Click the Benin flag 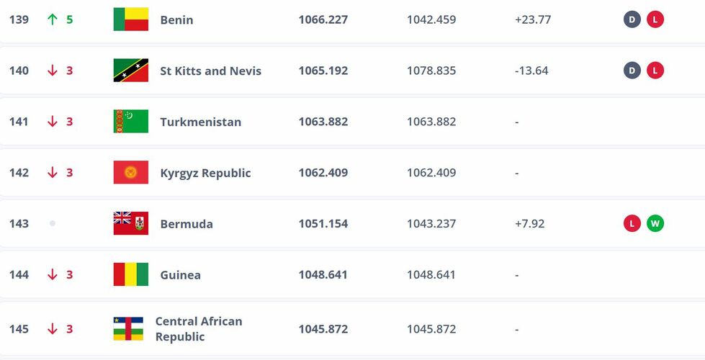pyautogui.click(x=130, y=19)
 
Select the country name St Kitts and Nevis pyautogui.click(x=210, y=71)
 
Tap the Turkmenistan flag pyautogui.click(x=130, y=122)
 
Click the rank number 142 pyautogui.click(x=19, y=173)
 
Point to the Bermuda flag pyautogui.click(x=130, y=223)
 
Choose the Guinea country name pyautogui.click(x=180, y=275)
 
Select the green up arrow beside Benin pyautogui.click(x=52, y=19)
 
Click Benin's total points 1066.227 pyautogui.click(x=323, y=19)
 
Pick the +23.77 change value pyautogui.click(x=533, y=19)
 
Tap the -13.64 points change pyautogui.click(x=532, y=71)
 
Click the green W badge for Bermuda pyautogui.click(x=655, y=223)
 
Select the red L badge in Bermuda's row pyautogui.click(x=632, y=223)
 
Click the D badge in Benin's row pyautogui.click(x=632, y=19)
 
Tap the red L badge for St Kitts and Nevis pyautogui.click(x=655, y=71)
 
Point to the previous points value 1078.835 pyautogui.click(x=431, y=71)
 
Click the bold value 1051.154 pyautogui.click(x=323, y=223)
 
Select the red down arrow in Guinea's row pyautogui.click(x=52, y=275)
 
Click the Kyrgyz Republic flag pyautogui.click(x=130, y=173)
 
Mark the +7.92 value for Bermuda pyautogui.click(x=530, y=223)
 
